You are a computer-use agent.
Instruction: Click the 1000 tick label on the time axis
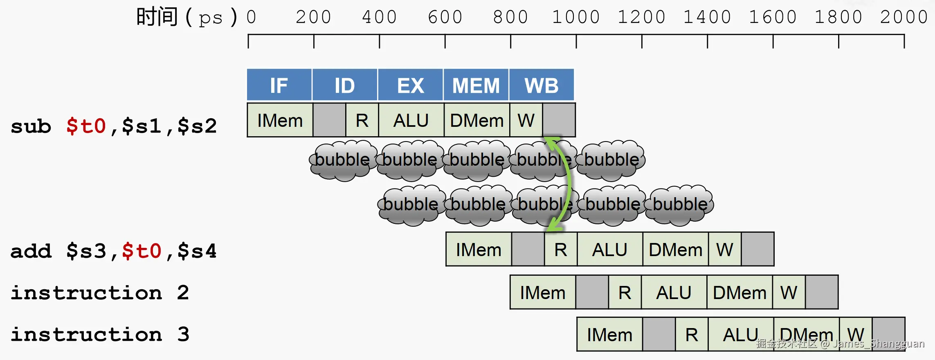pos(576,17)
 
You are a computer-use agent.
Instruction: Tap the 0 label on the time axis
pos(251,17)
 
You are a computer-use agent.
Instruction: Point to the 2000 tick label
pos(904,17)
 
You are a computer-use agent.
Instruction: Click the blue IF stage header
pos(279,85)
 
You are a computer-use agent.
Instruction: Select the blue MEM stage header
pos(476,85)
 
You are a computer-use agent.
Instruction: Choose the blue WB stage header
pos(542,85)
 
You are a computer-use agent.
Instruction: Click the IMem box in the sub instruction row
pos(280,120)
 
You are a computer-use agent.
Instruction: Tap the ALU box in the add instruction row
pos(610,249)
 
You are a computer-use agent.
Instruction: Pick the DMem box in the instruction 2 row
pos(739,292)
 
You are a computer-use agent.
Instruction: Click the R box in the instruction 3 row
pos(692,334)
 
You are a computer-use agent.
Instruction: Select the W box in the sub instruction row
pos(526,120)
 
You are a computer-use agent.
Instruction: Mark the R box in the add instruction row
pos(561,249)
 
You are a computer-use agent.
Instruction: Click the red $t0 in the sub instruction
pos(86,126)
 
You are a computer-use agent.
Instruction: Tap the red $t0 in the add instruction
pos(142,251)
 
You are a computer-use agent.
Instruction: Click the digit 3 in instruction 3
pos(184,334)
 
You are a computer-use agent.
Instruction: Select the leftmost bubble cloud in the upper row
pos(342,160)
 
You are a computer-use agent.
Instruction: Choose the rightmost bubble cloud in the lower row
pos(680,205)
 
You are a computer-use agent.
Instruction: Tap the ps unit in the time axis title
pos(211,18)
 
